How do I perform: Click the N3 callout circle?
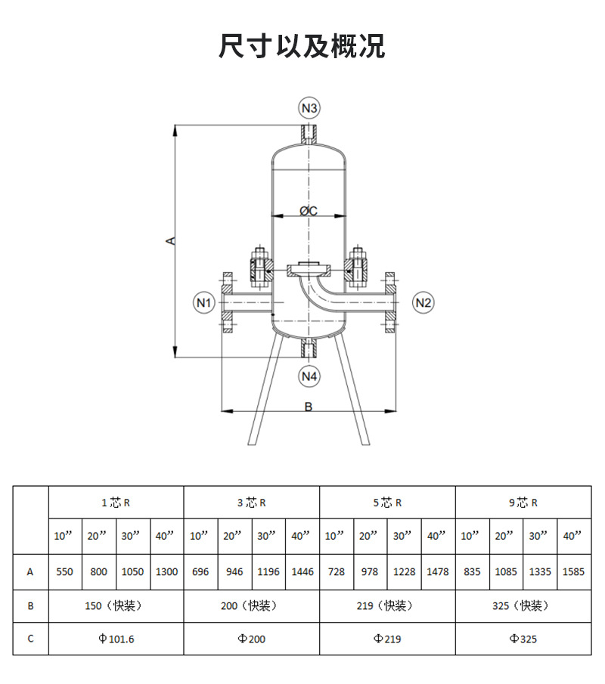(x=309, y=108)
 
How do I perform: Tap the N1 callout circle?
(x=204, y=303)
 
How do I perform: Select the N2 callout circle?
(x=423, y=303)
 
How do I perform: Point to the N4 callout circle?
(x=309, y=376)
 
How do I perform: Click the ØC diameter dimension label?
(x=309, y=211)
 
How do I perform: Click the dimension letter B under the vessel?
(x=309, y=407)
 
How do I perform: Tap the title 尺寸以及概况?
(x=302, y=46)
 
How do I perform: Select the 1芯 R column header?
(x=116, y=503)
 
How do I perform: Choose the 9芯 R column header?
(x=523, y=503)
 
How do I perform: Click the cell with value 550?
(x=65, y=572)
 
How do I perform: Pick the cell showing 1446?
(x=302, y=572)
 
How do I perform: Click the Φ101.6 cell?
(x=116, y=639)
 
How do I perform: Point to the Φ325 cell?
(x=523, y=639)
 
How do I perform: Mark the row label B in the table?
(x=30, y=606)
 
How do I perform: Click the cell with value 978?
(x=370, y=572)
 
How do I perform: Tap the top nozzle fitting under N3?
(x=309, y=135)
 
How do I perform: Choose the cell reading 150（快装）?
(x=116, y=606)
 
